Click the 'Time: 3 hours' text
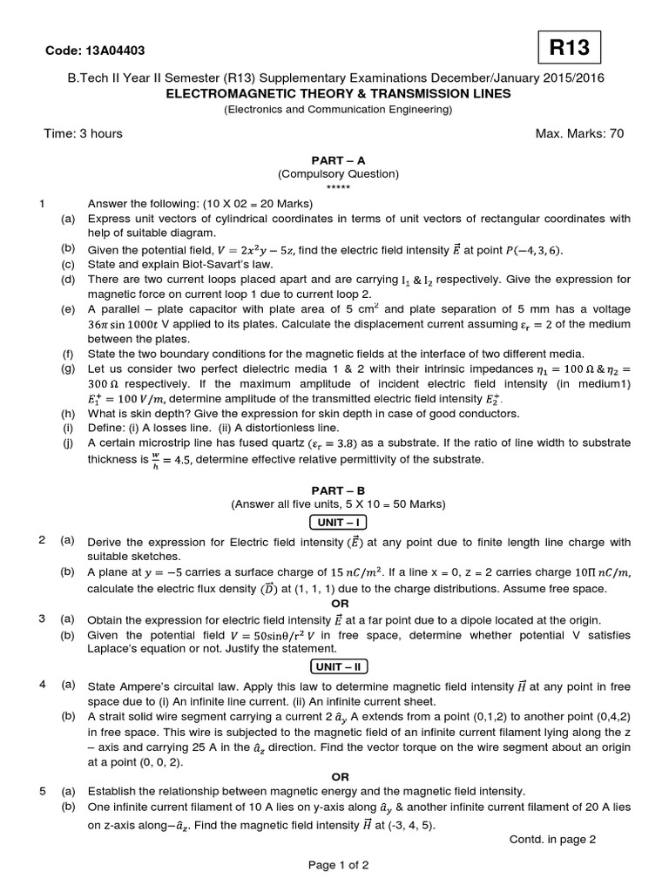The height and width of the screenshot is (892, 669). point(83,133)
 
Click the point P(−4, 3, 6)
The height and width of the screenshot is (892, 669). point(533,251)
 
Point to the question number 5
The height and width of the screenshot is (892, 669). point(42,791)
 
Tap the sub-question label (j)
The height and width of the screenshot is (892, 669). point(67,443)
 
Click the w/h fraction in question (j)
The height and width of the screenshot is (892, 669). point(155,459)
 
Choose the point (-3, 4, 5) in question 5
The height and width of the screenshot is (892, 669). point(409,825)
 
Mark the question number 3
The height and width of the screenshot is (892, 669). point(42,618)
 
